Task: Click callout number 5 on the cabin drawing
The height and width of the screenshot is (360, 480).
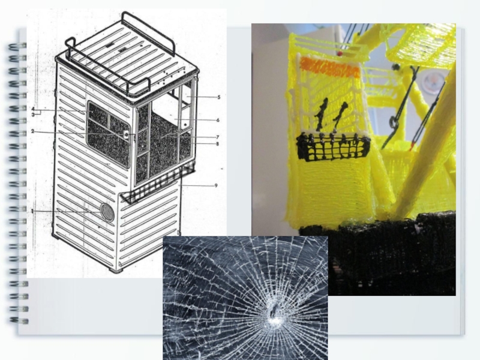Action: coord(218,97)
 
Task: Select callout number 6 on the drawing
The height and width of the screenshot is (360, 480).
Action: coord(218,120)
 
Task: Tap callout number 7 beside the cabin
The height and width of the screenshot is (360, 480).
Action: coord(217,137)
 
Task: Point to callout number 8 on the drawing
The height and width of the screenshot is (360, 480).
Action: coord(217,144)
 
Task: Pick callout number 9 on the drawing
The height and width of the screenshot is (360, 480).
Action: coord(216,185)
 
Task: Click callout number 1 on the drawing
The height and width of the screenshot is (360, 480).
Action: coord(32,211)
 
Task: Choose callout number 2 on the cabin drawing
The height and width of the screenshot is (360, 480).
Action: coord(32,131)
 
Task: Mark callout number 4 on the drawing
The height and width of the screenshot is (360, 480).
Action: coord(33,109)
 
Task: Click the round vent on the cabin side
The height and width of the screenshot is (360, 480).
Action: coord(107,212)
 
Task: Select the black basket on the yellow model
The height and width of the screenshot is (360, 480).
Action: coord(333,148)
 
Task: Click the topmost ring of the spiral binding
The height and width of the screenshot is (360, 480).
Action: coord(17,47)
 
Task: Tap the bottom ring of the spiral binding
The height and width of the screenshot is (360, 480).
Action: coord(19,320)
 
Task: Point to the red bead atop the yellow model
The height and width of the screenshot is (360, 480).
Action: coord(339,54)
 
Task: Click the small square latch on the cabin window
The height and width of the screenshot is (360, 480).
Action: coord(126,134)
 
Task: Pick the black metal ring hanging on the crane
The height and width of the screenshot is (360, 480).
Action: coord(393,122)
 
